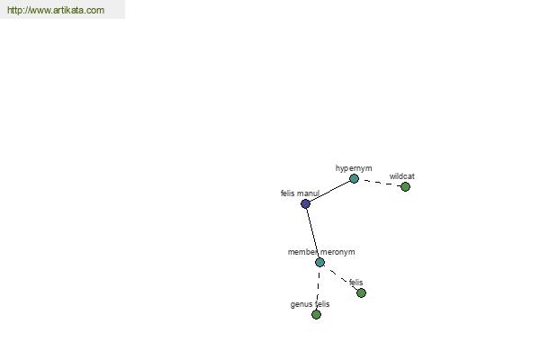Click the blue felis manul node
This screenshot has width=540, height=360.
point(305,203)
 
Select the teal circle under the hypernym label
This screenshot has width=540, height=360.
point(354,178)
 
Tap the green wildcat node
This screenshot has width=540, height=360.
point(405,186)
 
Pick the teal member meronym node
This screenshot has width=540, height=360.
point(319,263)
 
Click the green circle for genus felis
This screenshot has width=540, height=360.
point(316,314)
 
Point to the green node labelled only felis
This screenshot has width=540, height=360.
point(361,292)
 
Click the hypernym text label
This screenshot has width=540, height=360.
point(354,168)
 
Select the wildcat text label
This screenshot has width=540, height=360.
point(402,176)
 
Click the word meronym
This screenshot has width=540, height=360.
point(337,252)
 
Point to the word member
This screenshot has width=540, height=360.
point(302,252)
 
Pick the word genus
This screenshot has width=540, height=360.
point(300,304)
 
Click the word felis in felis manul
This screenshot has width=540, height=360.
point(288,193)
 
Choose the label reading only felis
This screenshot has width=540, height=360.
point(356,283)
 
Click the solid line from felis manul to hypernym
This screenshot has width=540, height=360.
point(329,191)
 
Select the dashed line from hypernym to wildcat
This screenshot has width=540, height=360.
point(380,183)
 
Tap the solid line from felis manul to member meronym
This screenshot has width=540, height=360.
point(312,233)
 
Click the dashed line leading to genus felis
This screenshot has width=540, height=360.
point(318,288)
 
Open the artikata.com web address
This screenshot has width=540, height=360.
point(56,10)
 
